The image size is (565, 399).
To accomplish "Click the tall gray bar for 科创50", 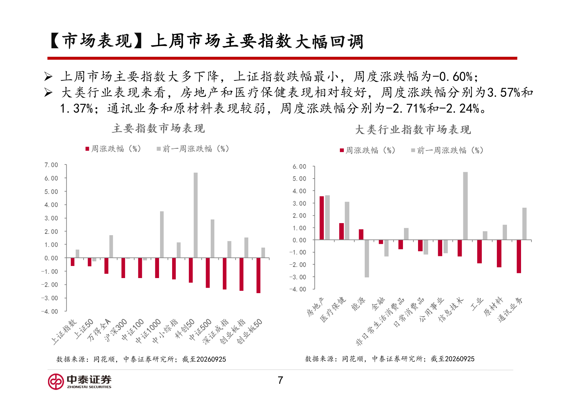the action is click(x=196, y=215).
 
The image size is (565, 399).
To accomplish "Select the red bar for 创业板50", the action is click(x=258, y=275).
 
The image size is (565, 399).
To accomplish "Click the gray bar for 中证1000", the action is click(x=162, y=235).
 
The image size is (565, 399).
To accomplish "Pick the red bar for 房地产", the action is click(x=322, y=218).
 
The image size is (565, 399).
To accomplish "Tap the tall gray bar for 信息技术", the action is click(x=465, y=206).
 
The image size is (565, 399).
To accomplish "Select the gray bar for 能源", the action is click(x=367, y=258).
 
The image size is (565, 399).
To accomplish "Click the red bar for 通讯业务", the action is click(x=519, y=256).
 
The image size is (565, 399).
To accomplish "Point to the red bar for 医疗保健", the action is click(x=341, y=231).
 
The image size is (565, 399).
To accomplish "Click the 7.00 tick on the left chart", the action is click(x=51, y=165).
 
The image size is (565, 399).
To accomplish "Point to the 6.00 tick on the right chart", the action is click(x=299, y=167).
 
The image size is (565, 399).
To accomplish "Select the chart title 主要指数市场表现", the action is click(x=158, y=128).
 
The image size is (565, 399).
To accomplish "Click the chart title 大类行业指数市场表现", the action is click(x=413, y=130).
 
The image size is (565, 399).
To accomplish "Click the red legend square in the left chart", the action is click(x=87, y=149).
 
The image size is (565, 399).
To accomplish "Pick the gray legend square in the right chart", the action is click(x=413, y=150).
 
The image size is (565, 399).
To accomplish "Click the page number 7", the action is click(x=280, y=380).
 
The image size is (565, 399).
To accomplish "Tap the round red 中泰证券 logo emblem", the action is click(x=56, y=382).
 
